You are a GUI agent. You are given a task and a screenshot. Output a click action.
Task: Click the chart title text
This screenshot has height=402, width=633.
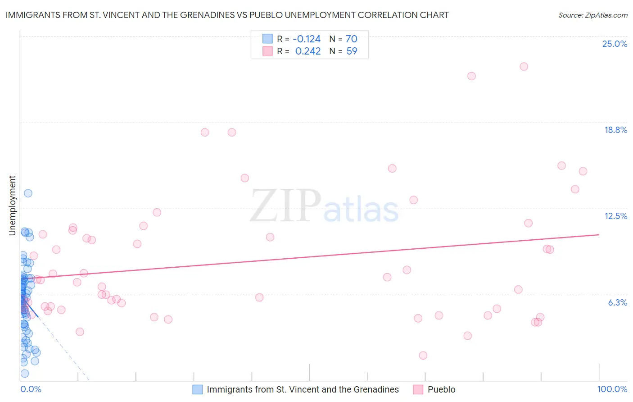point(227,15)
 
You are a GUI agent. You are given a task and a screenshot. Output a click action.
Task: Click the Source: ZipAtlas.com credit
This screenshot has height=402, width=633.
point(592,15)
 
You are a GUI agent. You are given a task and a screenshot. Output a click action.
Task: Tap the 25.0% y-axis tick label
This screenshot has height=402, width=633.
point(615,44)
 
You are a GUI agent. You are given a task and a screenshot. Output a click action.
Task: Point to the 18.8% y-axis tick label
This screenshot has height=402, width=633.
point(615,130)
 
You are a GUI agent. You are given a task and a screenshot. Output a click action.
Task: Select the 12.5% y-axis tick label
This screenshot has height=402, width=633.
point(615,216)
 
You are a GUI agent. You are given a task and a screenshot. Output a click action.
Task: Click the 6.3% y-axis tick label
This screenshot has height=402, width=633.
point(617,302)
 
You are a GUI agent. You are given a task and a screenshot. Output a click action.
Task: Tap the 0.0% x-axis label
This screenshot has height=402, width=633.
point(31,389)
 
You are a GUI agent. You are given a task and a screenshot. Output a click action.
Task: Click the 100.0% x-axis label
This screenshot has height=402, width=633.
point(612,389)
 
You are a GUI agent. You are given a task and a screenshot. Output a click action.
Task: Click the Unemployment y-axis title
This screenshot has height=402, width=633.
point(12,206)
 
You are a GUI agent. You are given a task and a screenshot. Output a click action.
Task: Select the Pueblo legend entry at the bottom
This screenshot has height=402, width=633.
point(441,389)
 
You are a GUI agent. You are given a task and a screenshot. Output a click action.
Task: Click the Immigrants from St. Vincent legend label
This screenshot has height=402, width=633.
point(303,389)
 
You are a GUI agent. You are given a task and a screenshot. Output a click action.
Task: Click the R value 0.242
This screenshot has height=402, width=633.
point(308,51)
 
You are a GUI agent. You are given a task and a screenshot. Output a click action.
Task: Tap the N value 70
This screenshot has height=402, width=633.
point(352,39)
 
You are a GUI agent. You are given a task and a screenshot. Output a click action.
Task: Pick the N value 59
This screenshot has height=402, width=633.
point(352,51)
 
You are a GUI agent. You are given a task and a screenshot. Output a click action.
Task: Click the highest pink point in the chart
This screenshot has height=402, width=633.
point(524,66)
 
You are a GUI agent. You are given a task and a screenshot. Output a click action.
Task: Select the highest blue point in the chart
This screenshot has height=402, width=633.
point(28,193)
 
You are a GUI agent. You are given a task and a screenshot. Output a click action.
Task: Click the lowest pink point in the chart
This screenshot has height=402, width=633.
point(423,355)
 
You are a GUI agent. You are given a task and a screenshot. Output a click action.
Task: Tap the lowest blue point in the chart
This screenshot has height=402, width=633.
point(25,373)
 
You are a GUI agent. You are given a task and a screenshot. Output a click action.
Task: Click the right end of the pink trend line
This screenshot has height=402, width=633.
point(599,234)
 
